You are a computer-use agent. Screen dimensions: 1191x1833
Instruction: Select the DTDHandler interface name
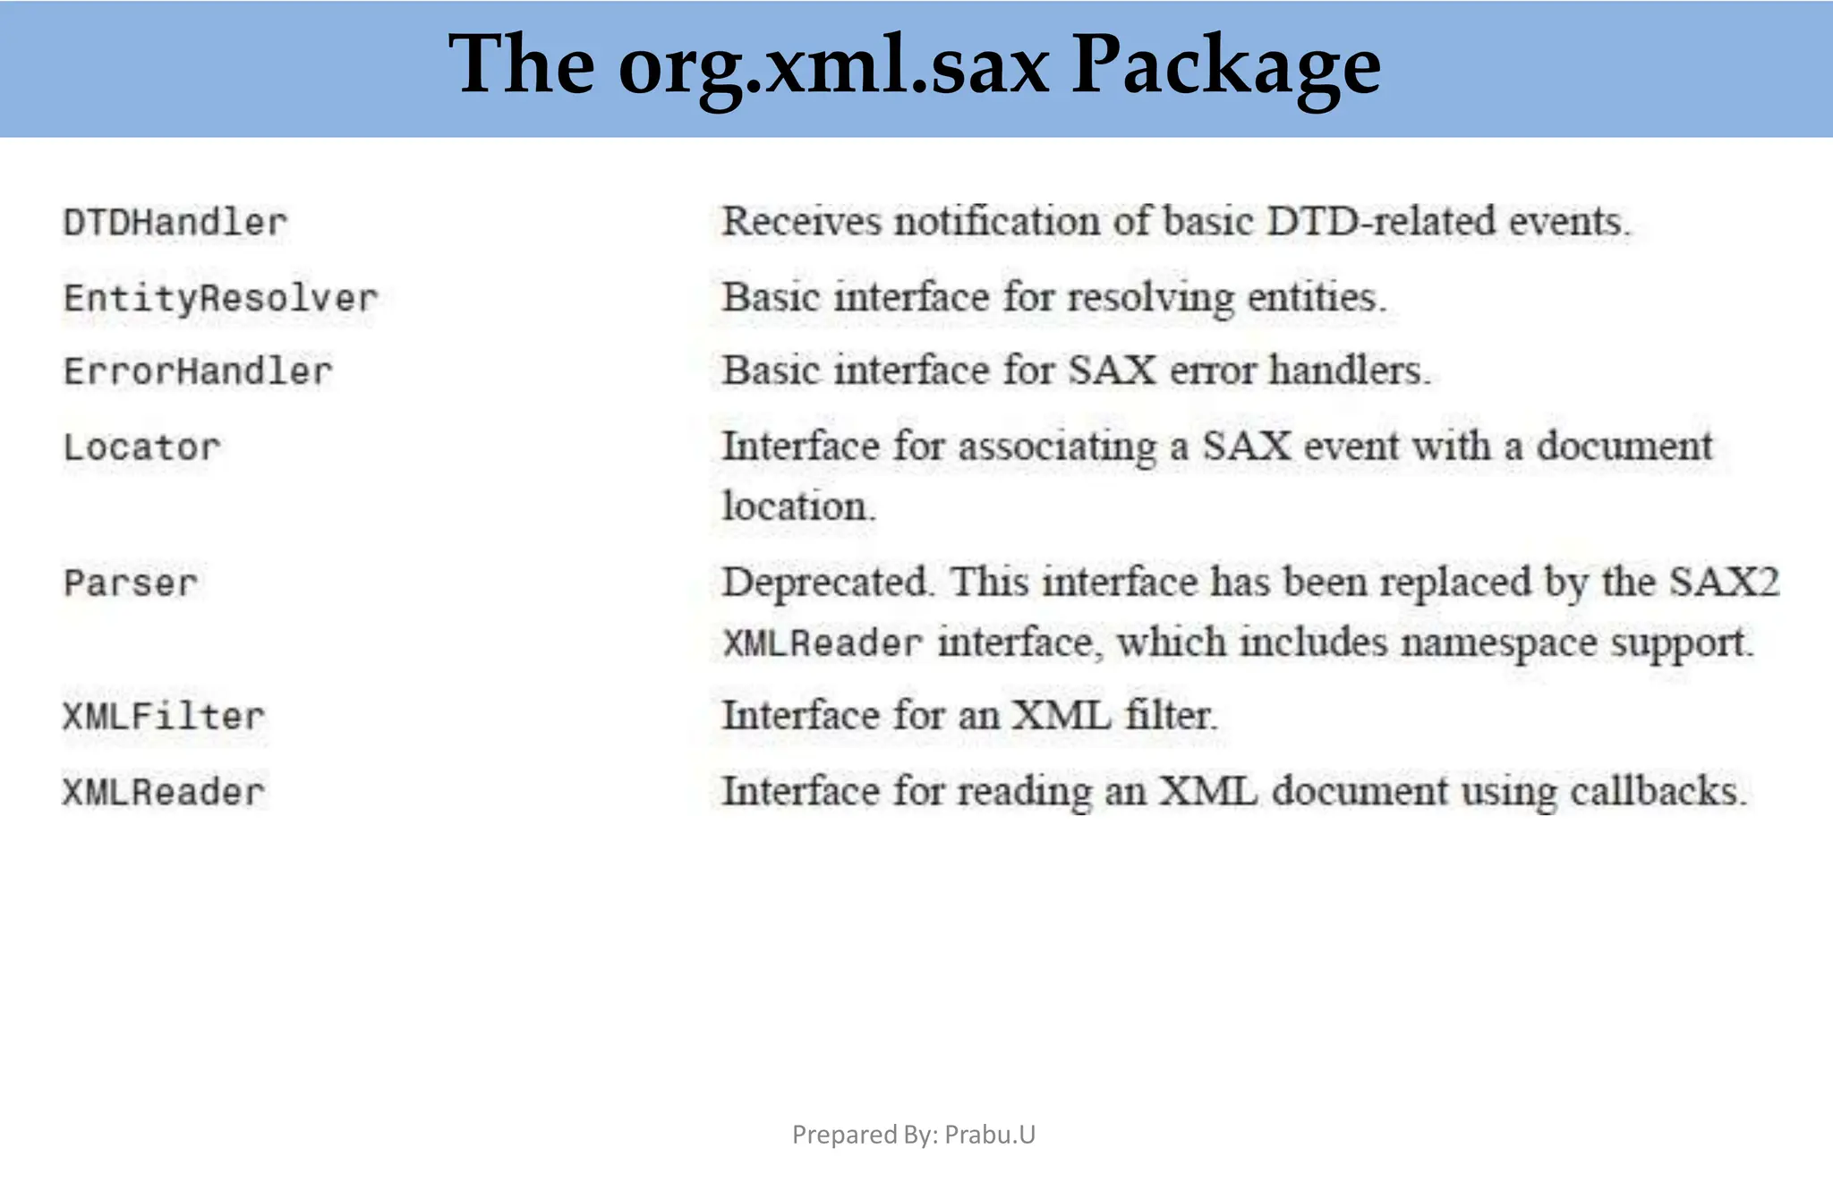point(175,223)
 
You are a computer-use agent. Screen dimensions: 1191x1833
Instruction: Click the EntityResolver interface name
point(221,298)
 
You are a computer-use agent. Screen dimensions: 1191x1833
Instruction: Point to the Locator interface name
point(141,447)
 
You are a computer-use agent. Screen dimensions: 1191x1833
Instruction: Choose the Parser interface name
point(131,583)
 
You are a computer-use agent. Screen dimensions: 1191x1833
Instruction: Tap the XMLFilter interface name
point(164,717)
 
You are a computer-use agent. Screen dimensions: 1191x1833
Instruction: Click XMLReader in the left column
point(164,792)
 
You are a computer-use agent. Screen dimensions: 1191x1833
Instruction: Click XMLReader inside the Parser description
point(823,642)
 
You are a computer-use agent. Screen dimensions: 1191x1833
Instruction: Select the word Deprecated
point(824,583)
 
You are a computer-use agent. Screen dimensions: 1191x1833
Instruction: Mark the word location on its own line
point(797,506)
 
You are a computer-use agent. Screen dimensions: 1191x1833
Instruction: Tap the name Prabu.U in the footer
point(990,1135)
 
